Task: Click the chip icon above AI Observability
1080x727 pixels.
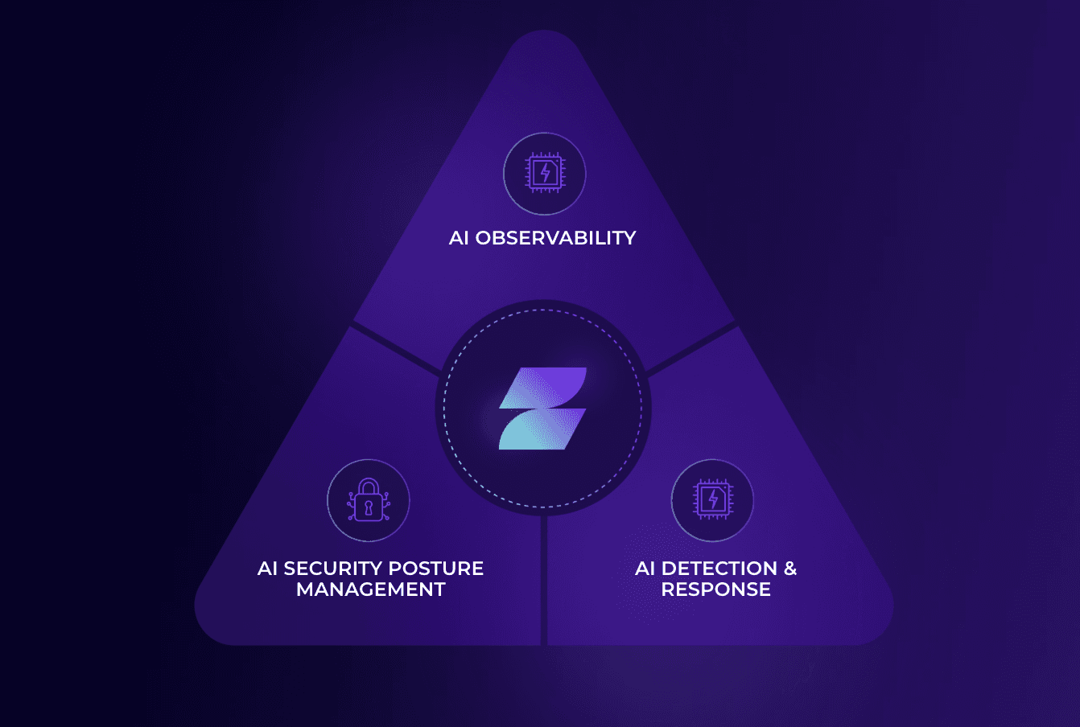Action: (545, 174)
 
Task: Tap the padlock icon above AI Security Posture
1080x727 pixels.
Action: (369, 500)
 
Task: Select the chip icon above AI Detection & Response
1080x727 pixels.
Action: (712, 500)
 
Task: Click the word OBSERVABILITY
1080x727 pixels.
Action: (555, 238)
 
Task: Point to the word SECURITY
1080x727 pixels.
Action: (332, 569)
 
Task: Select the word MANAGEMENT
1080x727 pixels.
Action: (371, 589)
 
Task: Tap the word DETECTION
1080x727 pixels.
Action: (719, 569)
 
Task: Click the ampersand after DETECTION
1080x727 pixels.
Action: (790, 569)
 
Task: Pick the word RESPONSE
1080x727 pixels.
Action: (716, 589)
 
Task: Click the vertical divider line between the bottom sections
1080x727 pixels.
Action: (544, 579)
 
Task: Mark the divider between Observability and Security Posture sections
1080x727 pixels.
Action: (394, 347)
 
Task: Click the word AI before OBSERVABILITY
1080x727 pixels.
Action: (459, 238)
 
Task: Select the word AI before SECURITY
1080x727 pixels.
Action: (267, 569)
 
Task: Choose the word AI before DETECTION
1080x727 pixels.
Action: (645, 569)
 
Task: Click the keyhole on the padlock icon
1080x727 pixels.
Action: (369, 508)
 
